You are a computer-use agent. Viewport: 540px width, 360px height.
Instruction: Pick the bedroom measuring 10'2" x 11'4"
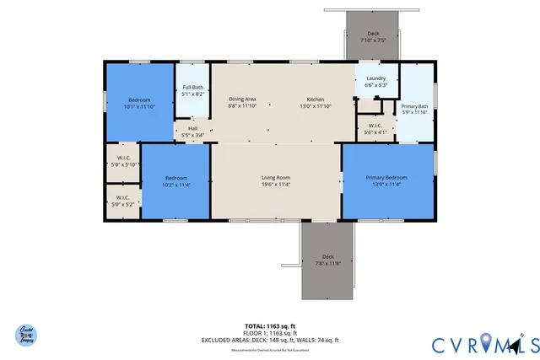coord(175,181)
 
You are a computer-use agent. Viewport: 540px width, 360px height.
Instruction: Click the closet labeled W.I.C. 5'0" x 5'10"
coord(122,161)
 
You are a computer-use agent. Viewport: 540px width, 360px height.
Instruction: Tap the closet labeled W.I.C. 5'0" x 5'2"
coord(122,201)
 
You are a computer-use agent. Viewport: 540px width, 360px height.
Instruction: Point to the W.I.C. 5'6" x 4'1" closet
coord(375,129)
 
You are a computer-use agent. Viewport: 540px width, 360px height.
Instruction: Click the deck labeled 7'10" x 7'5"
coord(373,37)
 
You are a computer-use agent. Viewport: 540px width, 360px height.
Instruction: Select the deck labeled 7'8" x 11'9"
coord(328,260)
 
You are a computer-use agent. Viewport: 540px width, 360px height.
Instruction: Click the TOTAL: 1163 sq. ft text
coord(270,325)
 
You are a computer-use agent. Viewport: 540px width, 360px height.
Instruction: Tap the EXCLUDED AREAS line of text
coord(270,340)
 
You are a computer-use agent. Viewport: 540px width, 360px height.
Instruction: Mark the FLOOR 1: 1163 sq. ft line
coord(270,332)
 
